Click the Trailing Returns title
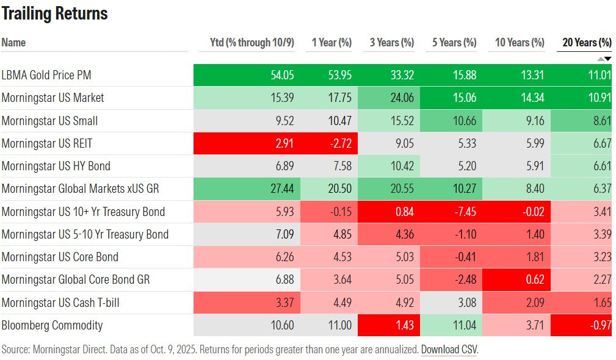coord(54,13)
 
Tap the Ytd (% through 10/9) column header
coord(252,43)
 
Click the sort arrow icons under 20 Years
coord(604,59)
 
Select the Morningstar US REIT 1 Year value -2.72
coord(340,143)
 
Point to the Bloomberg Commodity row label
coord(52,325)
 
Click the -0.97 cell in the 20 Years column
coord(601,325)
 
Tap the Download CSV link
coord(449,350)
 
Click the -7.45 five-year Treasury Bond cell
coord(464,212)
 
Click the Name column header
coord(13,43)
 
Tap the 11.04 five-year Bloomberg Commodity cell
coord(464,325)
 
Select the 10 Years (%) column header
coord(519,43)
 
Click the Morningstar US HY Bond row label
coord(56,166)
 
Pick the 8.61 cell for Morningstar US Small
coord(601,121)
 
